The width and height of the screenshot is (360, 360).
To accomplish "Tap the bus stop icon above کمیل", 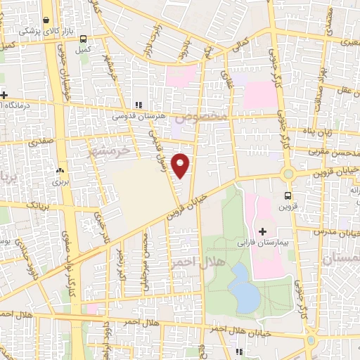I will (84, 39).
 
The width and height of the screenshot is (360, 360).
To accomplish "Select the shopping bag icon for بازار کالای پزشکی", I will (46, 21).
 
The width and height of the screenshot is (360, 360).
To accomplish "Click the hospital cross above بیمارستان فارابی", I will (263, 231).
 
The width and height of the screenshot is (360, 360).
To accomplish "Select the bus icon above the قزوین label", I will (288, 195).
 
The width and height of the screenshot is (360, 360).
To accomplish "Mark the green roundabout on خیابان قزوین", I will (287, 174).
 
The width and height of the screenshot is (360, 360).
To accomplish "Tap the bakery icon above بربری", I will (59, 171).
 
